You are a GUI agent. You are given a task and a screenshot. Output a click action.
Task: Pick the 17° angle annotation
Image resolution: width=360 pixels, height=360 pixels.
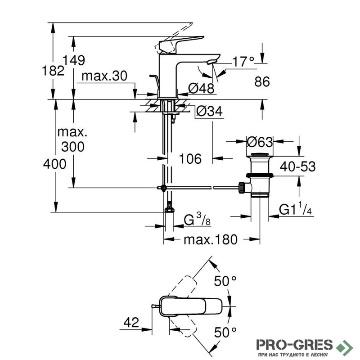click(x=243, y=61)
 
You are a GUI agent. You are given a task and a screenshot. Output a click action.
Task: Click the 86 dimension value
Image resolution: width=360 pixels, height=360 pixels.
click(x=261, y=81)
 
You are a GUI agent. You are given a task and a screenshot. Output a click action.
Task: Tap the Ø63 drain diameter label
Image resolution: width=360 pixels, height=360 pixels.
click(x=260, y=142)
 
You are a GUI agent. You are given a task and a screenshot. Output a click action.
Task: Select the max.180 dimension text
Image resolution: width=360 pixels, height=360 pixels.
click(x=210, y=239)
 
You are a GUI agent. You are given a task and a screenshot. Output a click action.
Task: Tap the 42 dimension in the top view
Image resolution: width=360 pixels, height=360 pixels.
click(x=131, y=322)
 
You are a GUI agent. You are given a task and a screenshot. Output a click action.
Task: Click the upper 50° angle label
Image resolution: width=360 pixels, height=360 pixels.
click(x=225, y=282)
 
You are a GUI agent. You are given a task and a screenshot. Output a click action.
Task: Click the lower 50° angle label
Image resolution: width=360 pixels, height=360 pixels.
click(x=225, y=333)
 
